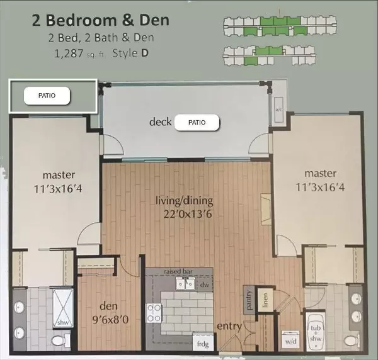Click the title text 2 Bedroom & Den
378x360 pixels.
click(100, 21)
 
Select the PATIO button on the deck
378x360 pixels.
click(197, 122)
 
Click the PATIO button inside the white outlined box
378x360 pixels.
click(47, 96)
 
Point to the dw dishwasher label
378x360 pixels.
click(203, 284)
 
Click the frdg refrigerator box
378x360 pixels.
click(203, 345)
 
